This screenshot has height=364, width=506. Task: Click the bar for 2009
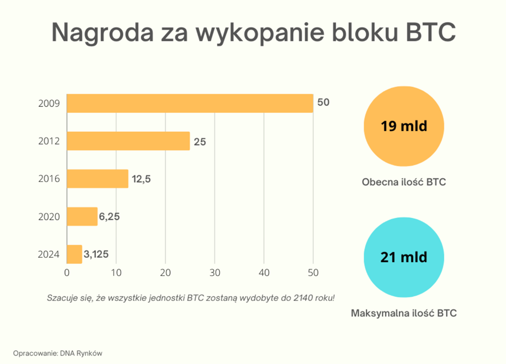click(190, 103)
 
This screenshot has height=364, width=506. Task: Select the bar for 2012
click(128, 141)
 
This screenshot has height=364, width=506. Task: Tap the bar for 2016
click(98, 179)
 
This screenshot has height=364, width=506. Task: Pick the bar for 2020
click(82, 217)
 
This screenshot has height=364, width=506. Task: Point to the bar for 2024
click(74, 254)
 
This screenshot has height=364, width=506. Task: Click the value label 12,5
click(142, 179)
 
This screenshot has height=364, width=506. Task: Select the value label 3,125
click(97, 254)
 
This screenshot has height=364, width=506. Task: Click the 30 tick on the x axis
click(215, 273)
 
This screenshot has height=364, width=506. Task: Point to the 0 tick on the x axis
click(67, 273)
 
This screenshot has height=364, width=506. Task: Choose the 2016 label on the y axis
click(49, 179)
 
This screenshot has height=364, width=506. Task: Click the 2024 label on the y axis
click(49, 255)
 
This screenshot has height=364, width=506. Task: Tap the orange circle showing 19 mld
click(404, 127)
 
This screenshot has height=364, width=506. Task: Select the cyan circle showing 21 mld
click(404, 257)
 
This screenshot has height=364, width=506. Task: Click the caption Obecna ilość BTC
click(404, 182)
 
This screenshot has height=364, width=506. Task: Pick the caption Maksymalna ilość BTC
click(404, 313)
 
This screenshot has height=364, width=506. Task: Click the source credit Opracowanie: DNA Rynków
click(58, 353)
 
